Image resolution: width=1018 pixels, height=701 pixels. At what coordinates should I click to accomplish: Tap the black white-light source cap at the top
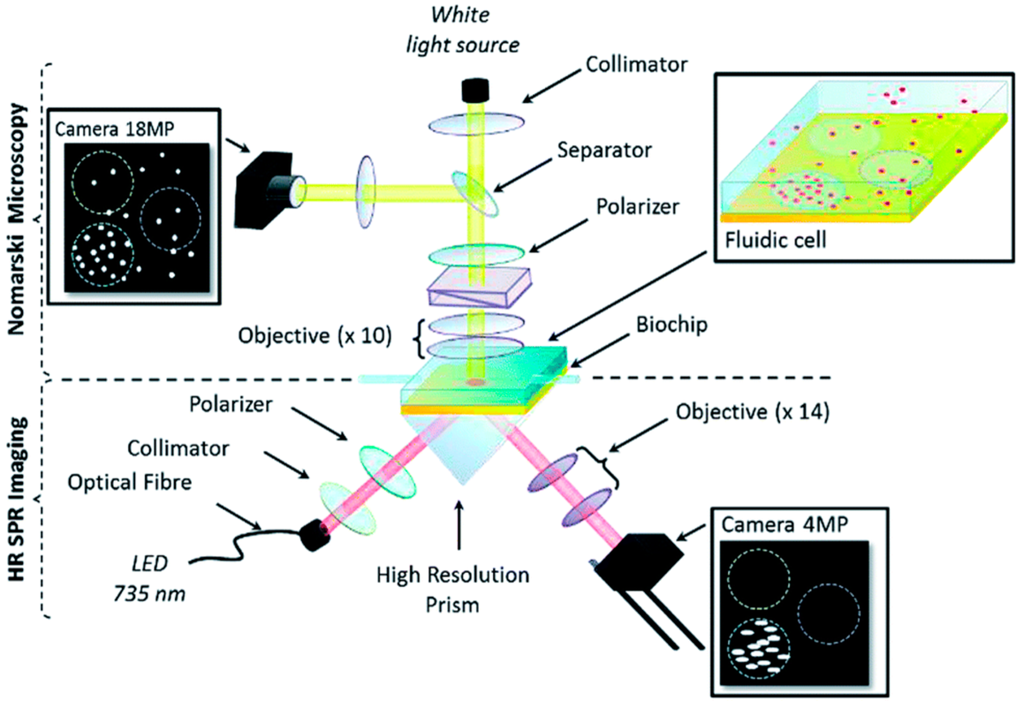click(x=475, y=90)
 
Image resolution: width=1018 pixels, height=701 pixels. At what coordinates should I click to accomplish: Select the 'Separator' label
click(x=604, y=150)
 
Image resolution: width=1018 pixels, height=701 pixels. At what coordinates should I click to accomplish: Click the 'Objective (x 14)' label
click(x=753, y=412)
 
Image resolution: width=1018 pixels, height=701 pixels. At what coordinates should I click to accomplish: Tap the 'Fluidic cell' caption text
click(x=776, y=241)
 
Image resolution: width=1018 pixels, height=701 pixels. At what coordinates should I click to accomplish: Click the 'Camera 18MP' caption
click(x=114, y=129)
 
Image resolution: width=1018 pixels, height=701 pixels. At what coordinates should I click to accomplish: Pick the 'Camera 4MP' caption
click(x=784, y=525)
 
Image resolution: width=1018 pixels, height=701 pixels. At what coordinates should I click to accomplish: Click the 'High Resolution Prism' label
click(x=453, y=590)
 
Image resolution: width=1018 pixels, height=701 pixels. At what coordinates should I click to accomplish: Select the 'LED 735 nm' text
click(x=150, y=579)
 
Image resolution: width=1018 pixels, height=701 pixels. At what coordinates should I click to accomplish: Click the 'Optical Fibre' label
click(x=129, y=482)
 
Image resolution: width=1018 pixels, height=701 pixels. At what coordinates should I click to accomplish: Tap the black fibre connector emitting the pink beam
click(x=314, y=535)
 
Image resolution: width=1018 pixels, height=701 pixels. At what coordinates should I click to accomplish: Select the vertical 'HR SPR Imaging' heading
click(x=16, y=499)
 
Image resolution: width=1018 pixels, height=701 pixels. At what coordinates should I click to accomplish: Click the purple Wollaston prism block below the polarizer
click(x=479, y=287)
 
